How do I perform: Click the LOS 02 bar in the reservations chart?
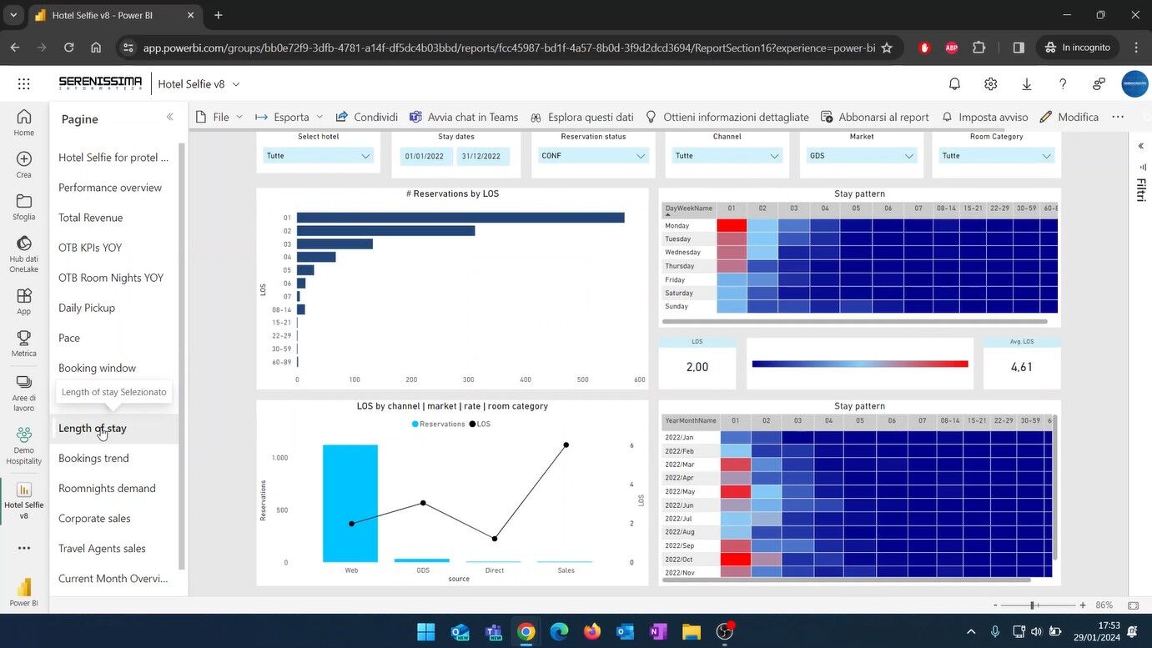tap(385, 231)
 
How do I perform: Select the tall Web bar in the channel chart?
tap(350, 503)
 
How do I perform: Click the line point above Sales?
tap(566, 445)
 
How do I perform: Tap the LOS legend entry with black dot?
tap(480, 424)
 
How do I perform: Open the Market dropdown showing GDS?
tap(862, 156)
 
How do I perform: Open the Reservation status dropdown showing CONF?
tap(593, 156)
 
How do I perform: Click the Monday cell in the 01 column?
tap(732, 225)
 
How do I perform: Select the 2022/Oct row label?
tap(680, 559)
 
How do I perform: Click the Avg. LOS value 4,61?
tap(1022, 367)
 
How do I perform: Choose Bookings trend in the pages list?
tap(93, 458)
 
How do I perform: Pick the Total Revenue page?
tap(90, 218)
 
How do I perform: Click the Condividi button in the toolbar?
tap(367, 117)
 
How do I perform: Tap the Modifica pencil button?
tap(1069, 117)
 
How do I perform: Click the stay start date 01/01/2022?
tap(427, 156)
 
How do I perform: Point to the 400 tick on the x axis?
tap(526, 379)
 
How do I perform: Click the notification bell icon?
tap(954, 84)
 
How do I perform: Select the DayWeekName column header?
tap(689, 208)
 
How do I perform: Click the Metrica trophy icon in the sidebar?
tap(23, 343)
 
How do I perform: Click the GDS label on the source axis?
tap(423, 570)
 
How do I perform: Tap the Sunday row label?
tap(677, 306)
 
